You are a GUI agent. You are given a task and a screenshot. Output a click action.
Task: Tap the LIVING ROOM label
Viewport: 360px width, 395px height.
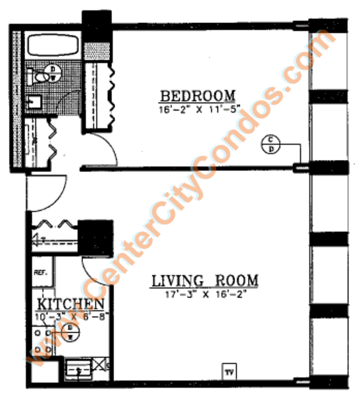tap(204, 281)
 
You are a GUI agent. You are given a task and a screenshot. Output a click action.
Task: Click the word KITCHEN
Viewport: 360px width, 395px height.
tap(70, 304)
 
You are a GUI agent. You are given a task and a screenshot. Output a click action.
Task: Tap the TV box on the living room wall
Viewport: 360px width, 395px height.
tap(230, 372)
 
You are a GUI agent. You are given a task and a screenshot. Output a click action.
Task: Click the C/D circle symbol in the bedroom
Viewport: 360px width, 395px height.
tap(270, 143)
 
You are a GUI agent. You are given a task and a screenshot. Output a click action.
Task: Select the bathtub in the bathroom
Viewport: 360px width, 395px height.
tap(52, 45)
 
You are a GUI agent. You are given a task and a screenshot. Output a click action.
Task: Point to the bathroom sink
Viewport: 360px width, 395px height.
tap(34, 103)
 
